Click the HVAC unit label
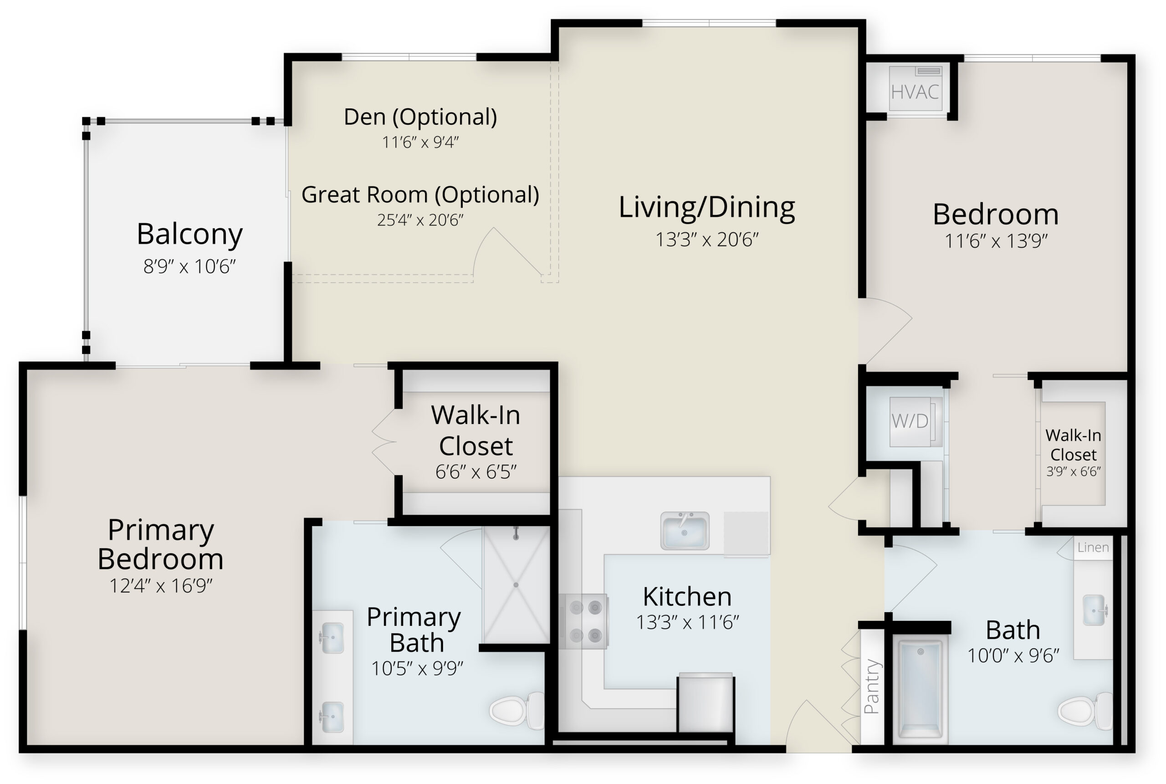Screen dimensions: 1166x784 915,92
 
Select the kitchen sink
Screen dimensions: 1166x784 685,531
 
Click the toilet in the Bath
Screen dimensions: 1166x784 1085,711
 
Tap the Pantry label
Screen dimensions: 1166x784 872,686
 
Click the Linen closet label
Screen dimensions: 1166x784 1093,548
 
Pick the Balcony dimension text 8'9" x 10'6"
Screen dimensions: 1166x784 189,266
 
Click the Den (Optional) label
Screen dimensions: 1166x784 420,117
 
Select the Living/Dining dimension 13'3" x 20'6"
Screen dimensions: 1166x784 707,240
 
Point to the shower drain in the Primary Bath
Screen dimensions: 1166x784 516,585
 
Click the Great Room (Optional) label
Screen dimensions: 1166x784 420,195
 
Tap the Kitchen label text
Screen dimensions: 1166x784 687,596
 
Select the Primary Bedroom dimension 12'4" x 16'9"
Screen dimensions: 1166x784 161,585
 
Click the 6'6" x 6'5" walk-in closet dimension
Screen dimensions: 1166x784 476,471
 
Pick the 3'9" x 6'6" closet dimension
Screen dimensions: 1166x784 1074,471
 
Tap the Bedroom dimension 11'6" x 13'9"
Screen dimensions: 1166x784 996,241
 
